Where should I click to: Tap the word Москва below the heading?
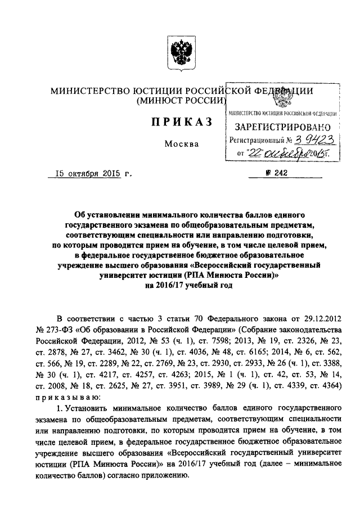click(182, 144)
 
